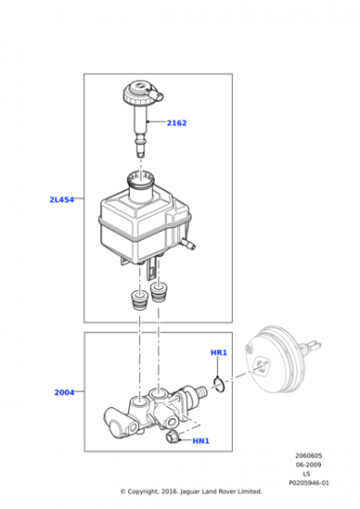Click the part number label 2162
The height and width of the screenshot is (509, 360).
click(x=176, y=123)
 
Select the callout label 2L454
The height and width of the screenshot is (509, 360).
click(x=62, y=199)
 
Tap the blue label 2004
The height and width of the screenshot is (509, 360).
click(x=65, y=392)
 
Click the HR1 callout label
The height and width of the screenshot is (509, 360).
click(x=219, y=353)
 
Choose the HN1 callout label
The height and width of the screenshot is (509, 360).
click(x=201, y=441)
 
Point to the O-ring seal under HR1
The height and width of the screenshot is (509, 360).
click(x=219, y=384)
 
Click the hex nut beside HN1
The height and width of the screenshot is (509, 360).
click(x=172, y=437)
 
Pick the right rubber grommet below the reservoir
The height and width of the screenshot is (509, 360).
click(x=158, y=292)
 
